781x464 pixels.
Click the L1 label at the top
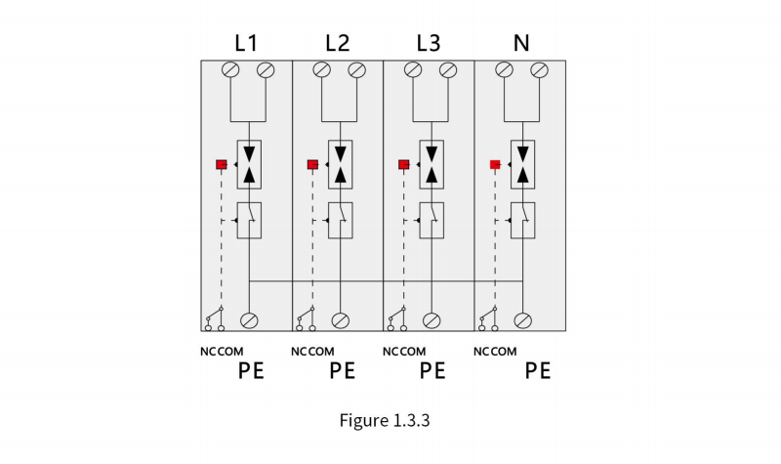pyautogui.click(x=246, y=43)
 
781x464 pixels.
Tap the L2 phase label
pyautogui.click(x=338, y=43)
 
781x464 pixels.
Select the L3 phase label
pyautogui.click(x=429, y=43)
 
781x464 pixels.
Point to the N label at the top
pyautogui.click(x=521, y=43)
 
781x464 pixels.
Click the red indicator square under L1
pyautogui.click(x=222, y=164)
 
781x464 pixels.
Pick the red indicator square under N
pyautogui.click(x=495, y=164)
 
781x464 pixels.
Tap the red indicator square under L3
pyautogui.click(x=404, y=164)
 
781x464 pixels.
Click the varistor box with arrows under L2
pyautogui.click(x=340, y=164)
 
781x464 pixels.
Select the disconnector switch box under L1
pyautogui.click(x=249, y=221)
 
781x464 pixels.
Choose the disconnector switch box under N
pyautogui.click(x=523, y=221)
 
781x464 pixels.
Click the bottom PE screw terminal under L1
pyautogui.click(x=249, y=320)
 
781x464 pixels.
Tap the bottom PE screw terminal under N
pyautogui.click(x=523, y=320)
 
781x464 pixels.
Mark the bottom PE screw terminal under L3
pyautogui.click(x=432, y=320)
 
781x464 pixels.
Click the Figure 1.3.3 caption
pyautogui.click(x=385, y=421)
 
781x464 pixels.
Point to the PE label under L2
pyautogui.click(x=343, y=371)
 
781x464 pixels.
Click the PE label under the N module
pyautogui.click(x=538, y=371)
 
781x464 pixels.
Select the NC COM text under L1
pyautogui.click(x=222, y=352)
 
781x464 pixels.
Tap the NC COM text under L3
pyautogui.click(x=404, y=352)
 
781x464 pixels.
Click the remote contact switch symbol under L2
pyautogui.click(x=306, y=319)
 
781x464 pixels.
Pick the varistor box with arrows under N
pyautogui.click(x=523, y=164)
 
